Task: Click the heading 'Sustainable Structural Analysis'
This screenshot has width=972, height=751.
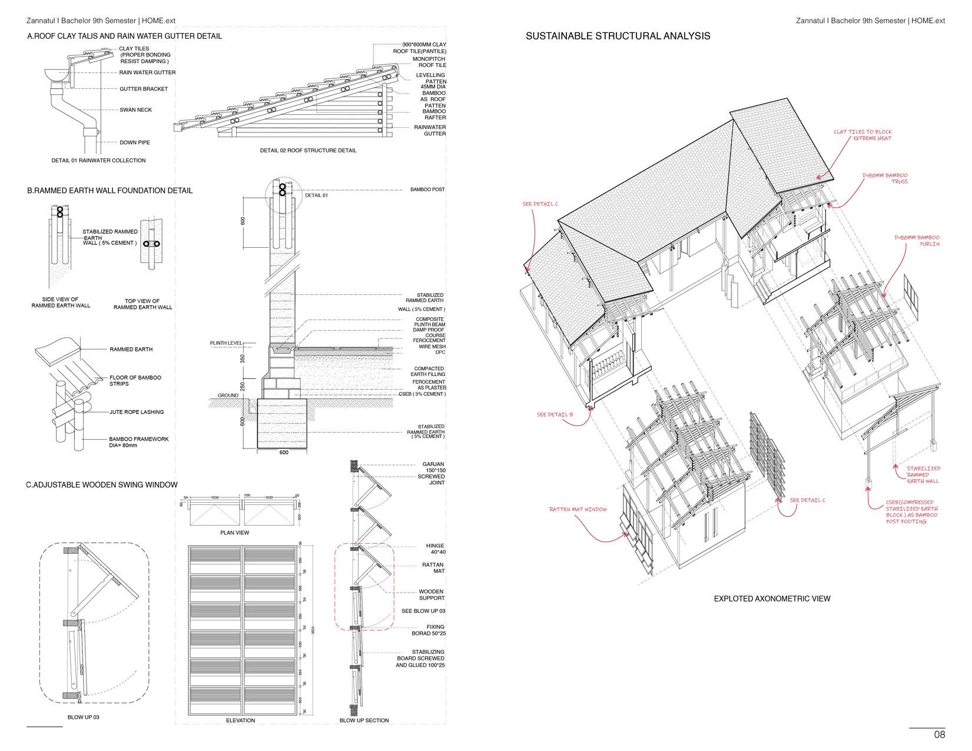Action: [x=618, y=36]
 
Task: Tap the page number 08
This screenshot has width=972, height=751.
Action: [x=939, y=735]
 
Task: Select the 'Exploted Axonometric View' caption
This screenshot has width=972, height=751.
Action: [x=772, y=599]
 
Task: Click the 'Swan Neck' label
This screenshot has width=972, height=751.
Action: [x=135, y=110]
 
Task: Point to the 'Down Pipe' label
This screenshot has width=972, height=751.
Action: [x=135, y=142]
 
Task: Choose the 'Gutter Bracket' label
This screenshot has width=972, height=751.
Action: [x=144, y=89]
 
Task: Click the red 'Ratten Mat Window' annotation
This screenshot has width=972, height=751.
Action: [x=578, y=509]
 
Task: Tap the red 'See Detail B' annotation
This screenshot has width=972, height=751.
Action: [x=555, y=415]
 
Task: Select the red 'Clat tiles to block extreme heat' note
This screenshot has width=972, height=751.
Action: [x=862, y=135]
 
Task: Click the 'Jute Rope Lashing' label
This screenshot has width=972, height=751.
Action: [x=137, y=412]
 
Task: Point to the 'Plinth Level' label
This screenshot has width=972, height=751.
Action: [x=226, y=343]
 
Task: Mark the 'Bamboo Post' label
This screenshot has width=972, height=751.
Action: [x=427, y=190]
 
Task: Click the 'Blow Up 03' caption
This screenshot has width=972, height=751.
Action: [x=84, y=717]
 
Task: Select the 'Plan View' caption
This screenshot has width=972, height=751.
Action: [x=234, y=533]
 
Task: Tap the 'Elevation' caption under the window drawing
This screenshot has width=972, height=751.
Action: [x=240, y=720]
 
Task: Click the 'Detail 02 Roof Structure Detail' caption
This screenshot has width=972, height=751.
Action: [x=308, y=151]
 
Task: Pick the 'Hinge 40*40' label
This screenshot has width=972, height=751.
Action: [x=435, y=549]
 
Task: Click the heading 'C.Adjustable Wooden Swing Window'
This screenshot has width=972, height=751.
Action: [x=102, y=485]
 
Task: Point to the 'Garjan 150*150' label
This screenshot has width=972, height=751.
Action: [x=433, y=467]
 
